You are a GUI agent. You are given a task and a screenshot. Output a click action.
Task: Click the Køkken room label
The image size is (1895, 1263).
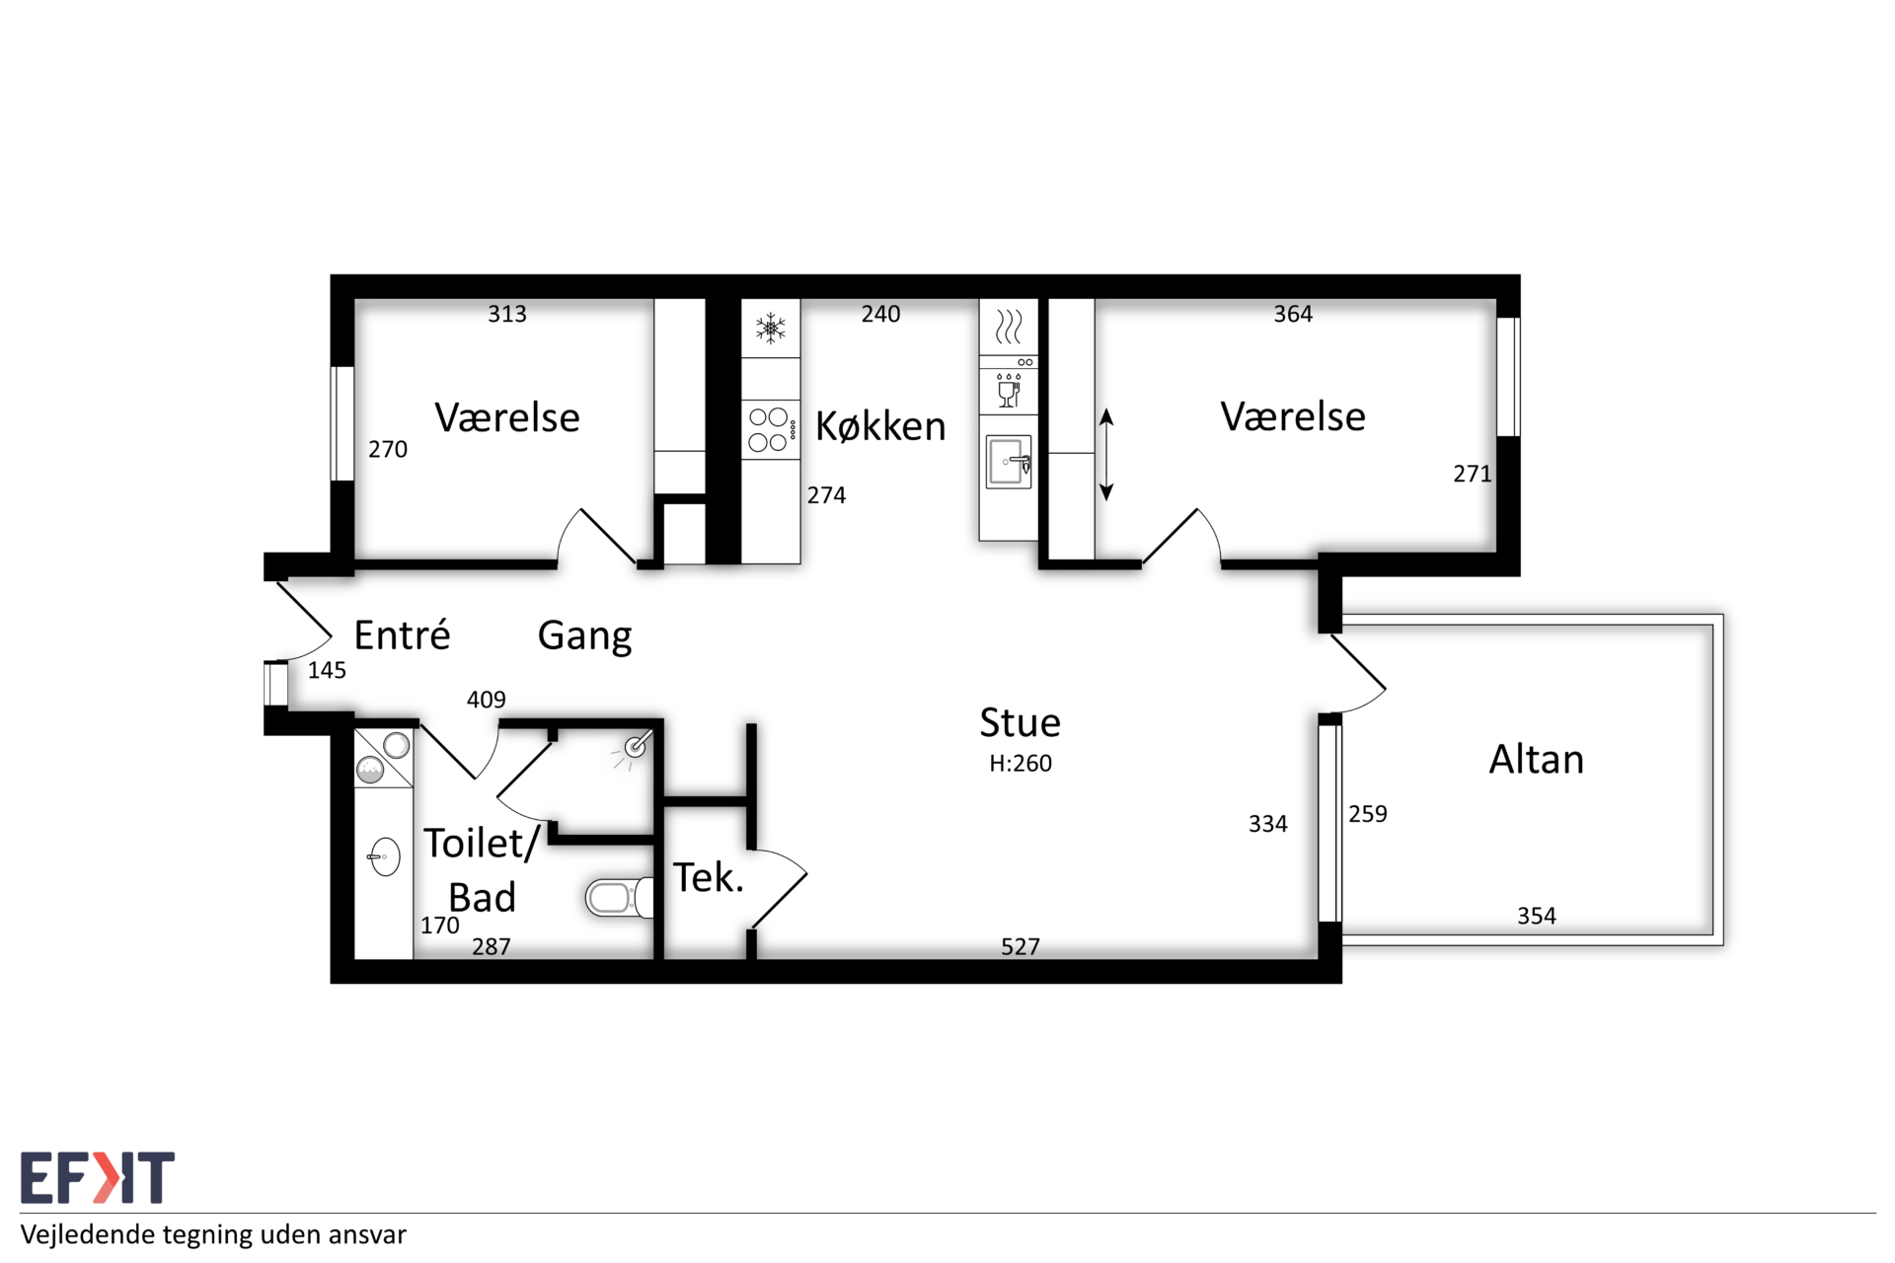[880, 426]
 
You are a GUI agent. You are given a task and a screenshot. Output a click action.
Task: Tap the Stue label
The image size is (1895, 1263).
[1020, 723]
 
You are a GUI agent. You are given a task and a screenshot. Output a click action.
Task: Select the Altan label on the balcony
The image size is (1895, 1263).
[1536, 760]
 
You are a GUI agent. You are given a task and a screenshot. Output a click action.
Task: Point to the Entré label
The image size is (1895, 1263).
[402, 634]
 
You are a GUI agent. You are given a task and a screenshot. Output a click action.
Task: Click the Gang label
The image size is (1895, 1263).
[584, 636]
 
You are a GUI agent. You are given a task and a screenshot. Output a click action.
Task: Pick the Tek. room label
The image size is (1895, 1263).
[708, 877]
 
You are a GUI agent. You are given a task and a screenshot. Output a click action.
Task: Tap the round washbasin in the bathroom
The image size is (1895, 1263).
[384, 856]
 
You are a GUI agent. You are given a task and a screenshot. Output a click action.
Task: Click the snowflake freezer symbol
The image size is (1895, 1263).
[771, 328]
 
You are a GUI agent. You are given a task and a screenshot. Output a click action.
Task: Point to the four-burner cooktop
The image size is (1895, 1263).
[770, 430]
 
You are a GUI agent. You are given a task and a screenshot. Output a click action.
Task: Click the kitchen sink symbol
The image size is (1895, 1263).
[1009, 462]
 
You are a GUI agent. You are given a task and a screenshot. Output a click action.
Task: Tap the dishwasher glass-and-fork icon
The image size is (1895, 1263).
[1009, 391]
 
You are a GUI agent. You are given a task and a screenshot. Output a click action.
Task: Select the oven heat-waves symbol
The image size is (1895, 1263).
[1009, 327]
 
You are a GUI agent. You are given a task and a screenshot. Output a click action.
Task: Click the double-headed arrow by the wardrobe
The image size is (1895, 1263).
[1106, 455]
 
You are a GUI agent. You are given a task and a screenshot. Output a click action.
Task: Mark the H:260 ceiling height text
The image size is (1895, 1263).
[1021, 764]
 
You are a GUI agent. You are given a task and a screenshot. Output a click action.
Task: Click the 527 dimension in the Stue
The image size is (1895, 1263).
[1021, 947]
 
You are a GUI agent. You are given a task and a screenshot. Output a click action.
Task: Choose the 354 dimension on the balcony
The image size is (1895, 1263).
[1537, 917]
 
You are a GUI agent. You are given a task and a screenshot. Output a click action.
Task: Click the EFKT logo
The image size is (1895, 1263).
[97, 1177]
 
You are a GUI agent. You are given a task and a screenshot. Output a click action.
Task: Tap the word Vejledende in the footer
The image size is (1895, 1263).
[88, 1235]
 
